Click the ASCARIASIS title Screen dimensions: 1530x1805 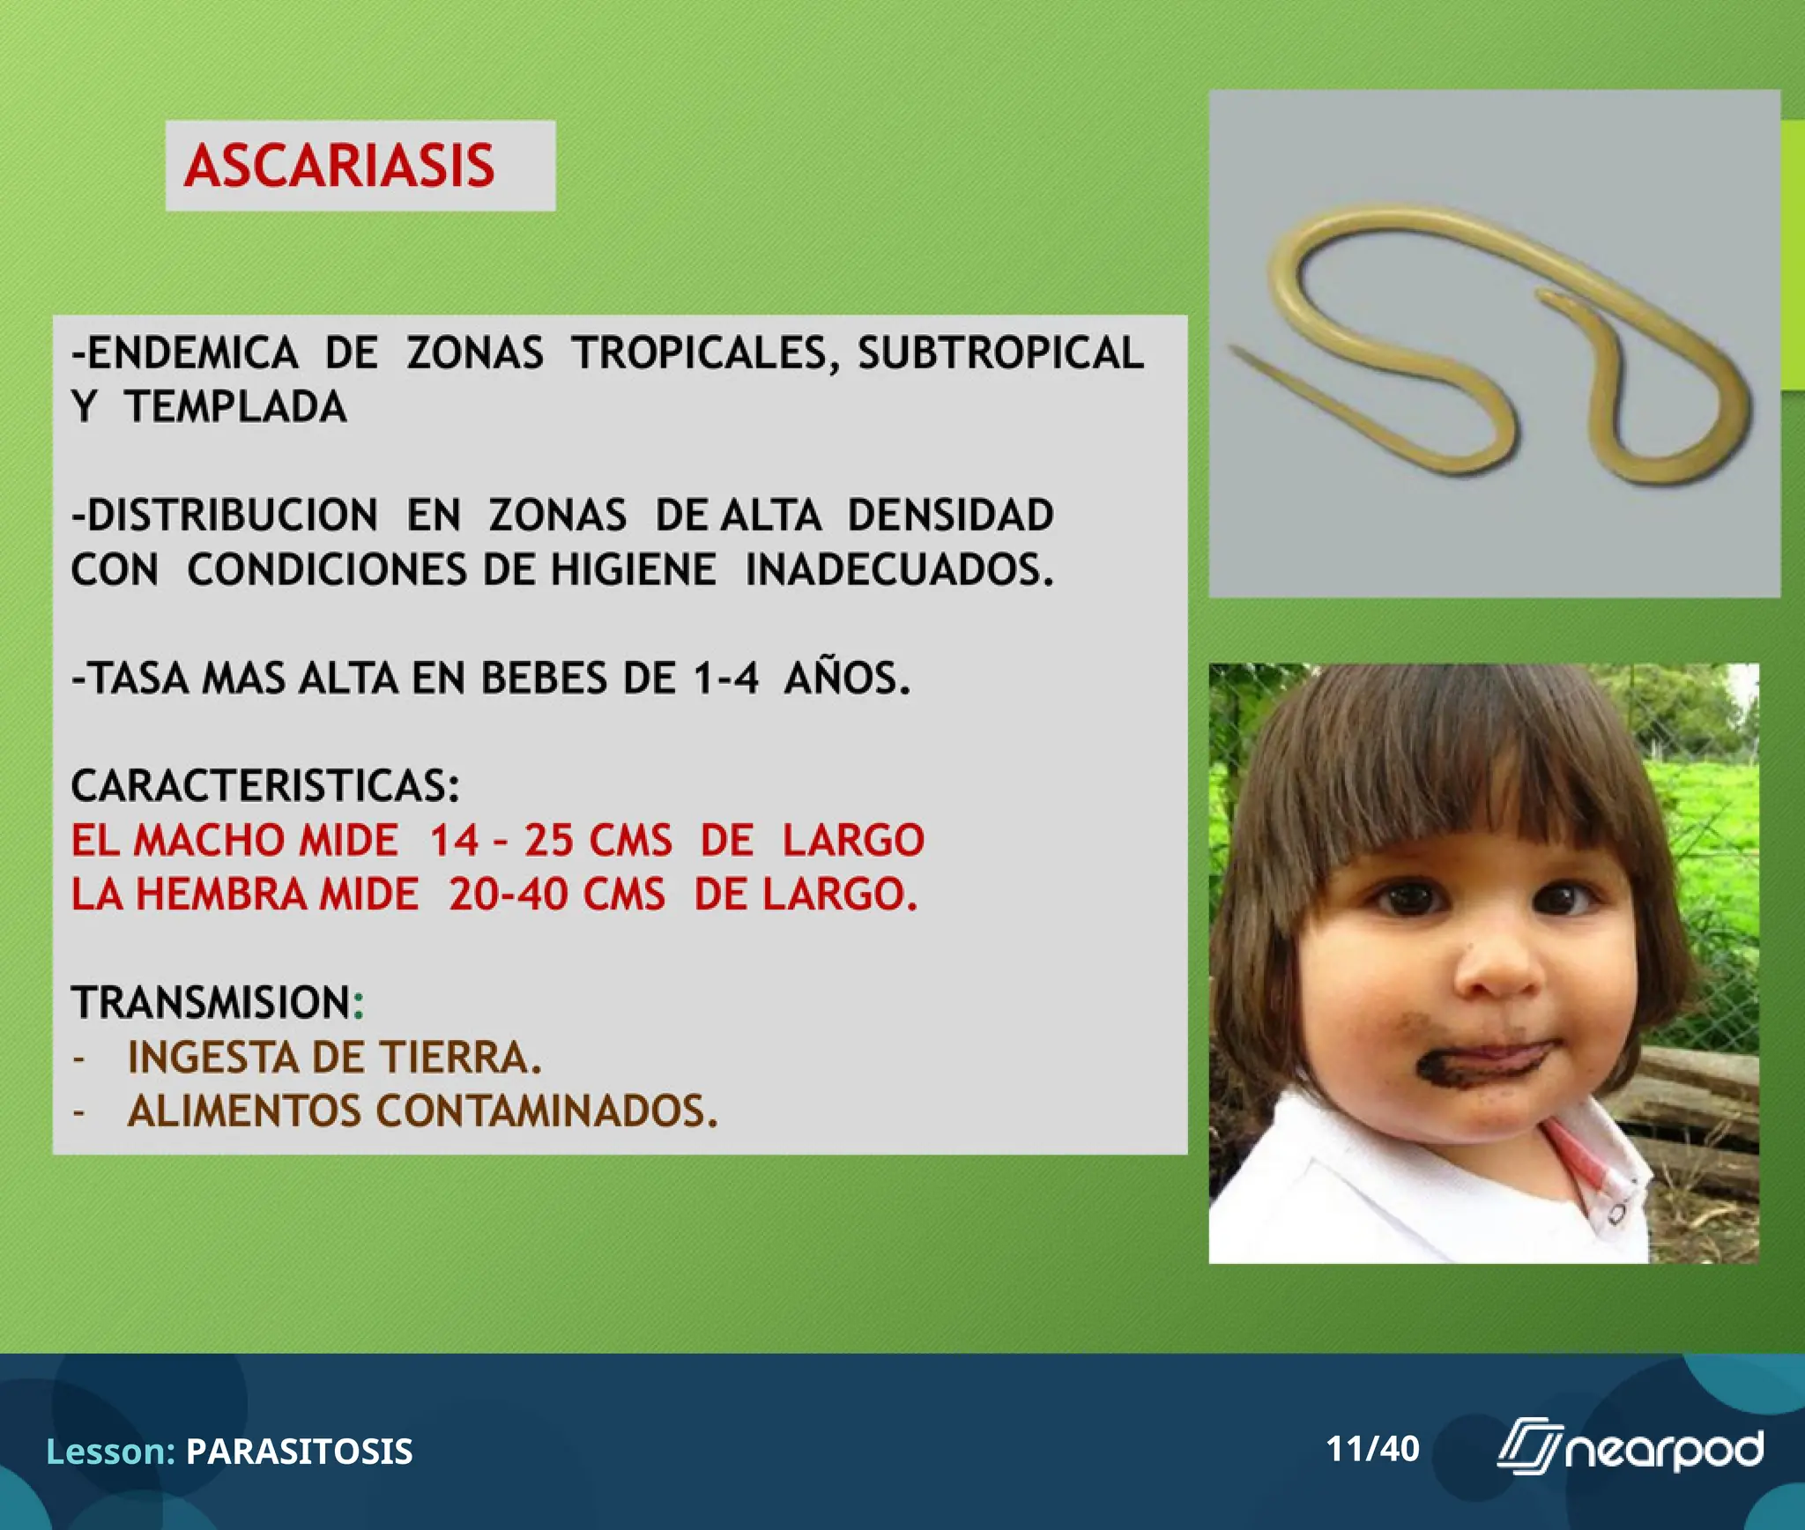click(x=339, y=166)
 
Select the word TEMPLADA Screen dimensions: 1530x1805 click(x=235, y=407)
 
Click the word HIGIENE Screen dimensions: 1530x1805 click(x=634, y=569)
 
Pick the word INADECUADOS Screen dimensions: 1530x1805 click(x=899, y=569)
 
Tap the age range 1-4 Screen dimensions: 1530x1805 click(x=725, y=679)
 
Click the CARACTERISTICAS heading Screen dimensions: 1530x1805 click(x=264, y=786)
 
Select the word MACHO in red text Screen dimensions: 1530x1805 click(x=209, y=840)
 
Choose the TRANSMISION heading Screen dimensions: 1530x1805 click(x=212, y=1003)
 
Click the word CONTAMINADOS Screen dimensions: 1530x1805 click(x=546, y=1111)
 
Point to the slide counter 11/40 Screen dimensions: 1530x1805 click(x=1372, y=1449)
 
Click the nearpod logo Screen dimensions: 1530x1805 click(x=1630, y=1449)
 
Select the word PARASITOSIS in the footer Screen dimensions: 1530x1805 click(x=299, y=1452)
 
